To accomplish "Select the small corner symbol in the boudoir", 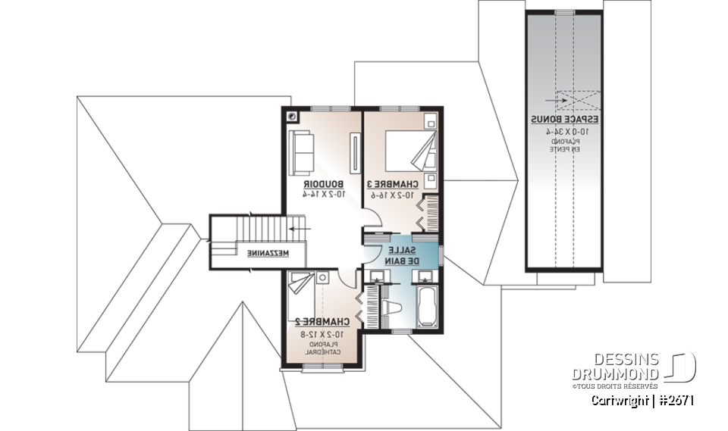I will tap(293, 117).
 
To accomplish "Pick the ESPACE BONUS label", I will tap(565, 120).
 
